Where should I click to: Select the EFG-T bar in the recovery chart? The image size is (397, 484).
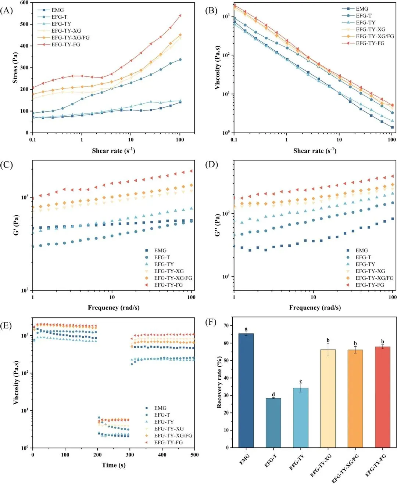point(273,423)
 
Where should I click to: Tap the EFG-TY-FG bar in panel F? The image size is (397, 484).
point(382,397)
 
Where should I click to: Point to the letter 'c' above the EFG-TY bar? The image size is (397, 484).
point(301,381)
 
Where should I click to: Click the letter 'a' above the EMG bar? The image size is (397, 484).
point(246,329)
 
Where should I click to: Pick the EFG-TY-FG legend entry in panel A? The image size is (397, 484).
point(65,44)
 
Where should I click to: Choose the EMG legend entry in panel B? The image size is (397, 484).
point(362,9)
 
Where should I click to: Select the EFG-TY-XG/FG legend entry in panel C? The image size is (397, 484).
point(173,278)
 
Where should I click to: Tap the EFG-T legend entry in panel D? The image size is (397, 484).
point(363,257)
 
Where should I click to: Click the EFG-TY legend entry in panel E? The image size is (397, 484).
point(164,422)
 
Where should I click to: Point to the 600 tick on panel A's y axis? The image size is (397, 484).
point(24,3)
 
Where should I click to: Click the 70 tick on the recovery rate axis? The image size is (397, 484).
point(226,326)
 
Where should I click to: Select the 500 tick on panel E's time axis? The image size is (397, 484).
point(194,455)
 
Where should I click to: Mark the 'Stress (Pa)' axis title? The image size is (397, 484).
point(15,68)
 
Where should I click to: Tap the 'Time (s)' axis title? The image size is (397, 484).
point(114,465)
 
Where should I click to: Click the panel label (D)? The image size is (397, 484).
point(211,164)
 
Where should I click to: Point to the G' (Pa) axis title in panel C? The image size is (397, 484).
point(16,225)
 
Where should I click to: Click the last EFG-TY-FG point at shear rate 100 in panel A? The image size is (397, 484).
point(180,15)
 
